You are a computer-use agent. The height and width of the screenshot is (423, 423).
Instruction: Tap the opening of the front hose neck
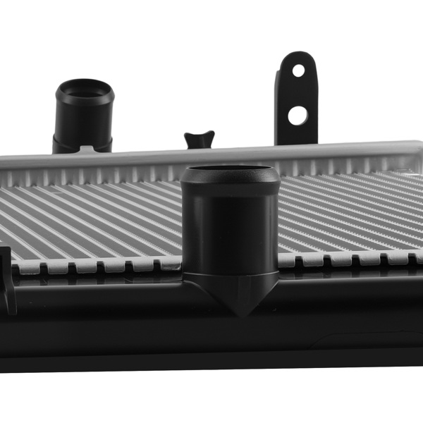tap(228, 171)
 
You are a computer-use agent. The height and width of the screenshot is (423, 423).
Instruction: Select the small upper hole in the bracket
tap(299, 70)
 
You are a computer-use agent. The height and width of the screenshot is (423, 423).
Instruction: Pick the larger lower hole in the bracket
tap(298, 114)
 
